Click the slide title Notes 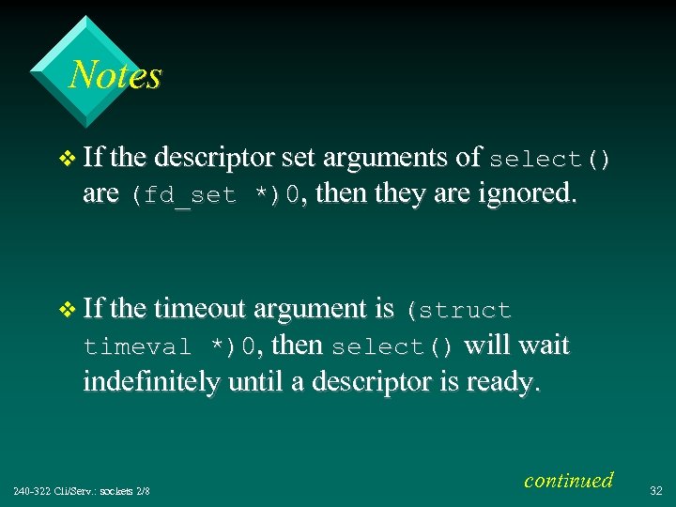pyautogui.click(x=115, y=75)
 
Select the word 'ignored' pyautogui.click(x=526, y=194)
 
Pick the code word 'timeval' pyautogui.click(x=137, y=347)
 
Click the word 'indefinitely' pyautogui.click(x=152, y=382)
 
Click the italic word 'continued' pyautogui.click(x=568, y=480)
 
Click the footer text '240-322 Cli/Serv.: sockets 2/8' pyautogui.click(x=82, y=490)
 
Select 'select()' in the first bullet pyautogui.click(x=549, y=160)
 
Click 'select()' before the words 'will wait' pyautogui.click(x=392, y=347)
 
